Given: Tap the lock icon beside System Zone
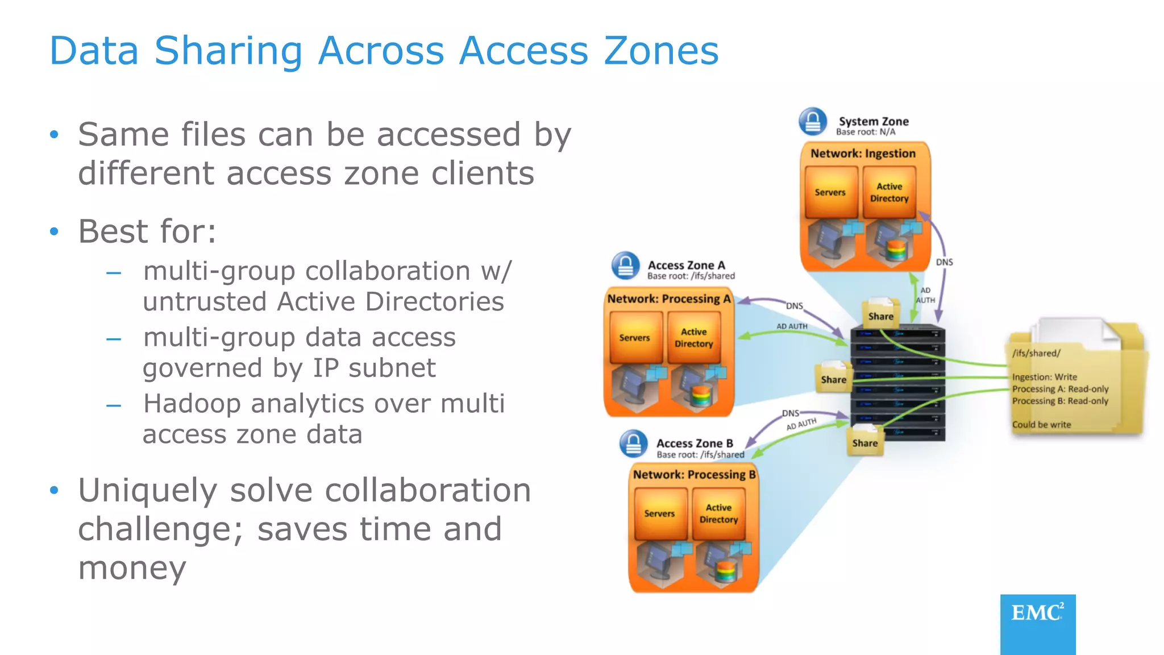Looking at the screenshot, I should point(813,121).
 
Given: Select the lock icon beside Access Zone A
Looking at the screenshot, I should point(625,266).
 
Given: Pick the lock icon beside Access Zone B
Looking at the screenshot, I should point(633,444).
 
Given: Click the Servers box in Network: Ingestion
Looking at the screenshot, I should point(830,192).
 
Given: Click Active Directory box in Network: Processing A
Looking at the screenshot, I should point(693,338).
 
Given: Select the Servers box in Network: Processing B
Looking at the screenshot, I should point(659,513).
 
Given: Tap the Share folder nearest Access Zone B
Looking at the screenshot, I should point(864,441).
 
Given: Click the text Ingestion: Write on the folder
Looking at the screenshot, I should point(1044,377).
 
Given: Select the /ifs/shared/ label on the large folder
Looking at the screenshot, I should point(1036,353).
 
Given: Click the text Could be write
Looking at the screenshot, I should point(1041,425).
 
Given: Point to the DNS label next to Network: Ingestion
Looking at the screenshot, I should point(944,262).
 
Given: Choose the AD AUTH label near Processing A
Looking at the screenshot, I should point(792,326).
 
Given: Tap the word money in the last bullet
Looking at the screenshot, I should point(132,567).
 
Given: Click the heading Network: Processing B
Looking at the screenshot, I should point(694,475).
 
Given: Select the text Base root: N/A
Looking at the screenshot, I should point(865,132).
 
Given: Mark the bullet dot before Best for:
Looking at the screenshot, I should point(54,231).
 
